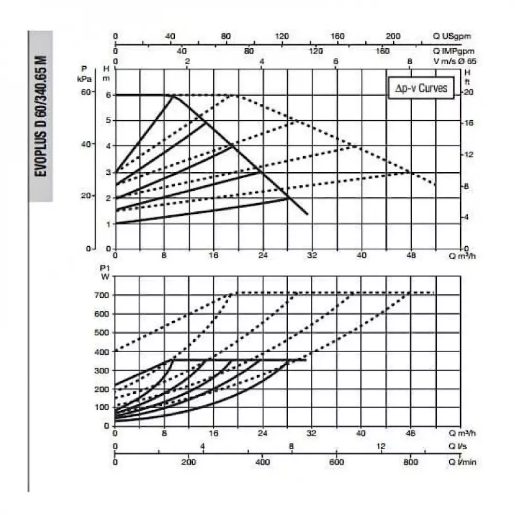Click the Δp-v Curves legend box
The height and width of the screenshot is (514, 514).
pos(421,88)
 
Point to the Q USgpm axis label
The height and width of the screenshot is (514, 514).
pos(452,36)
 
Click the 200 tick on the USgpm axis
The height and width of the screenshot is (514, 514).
pos(393,36)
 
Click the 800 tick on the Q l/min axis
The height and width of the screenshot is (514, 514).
pos(411,462)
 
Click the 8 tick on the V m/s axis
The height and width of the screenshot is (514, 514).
pos(410,62)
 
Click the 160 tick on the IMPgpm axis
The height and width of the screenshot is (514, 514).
pos(382,51)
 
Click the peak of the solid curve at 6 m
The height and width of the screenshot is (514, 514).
pos(173,95)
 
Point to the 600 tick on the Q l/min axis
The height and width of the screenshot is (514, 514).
pos(337,462)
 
